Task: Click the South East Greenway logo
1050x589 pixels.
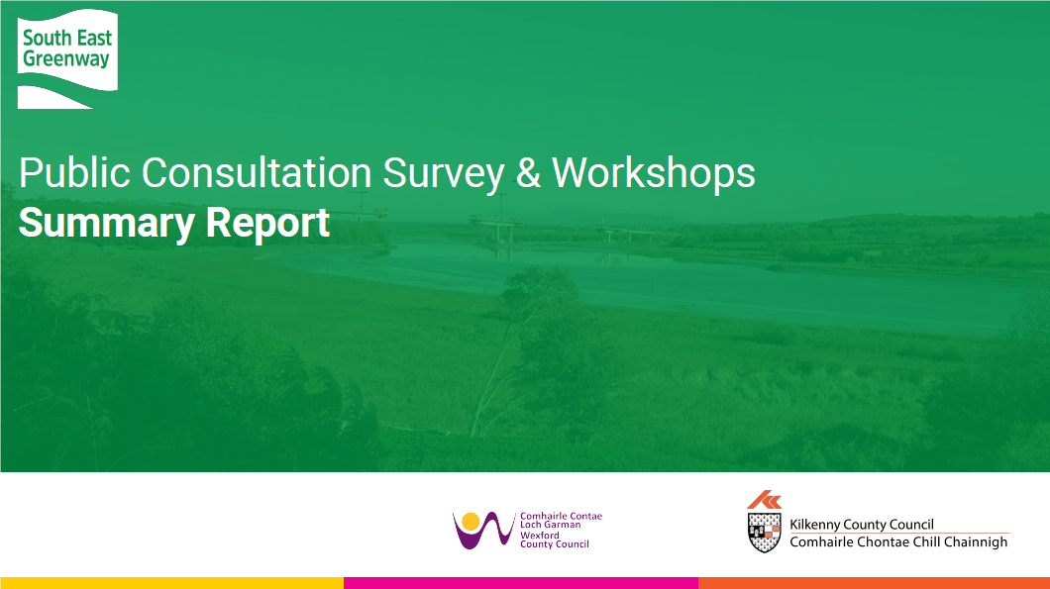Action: (x=67, y=58)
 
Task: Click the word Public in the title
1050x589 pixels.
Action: (x=74, y=172)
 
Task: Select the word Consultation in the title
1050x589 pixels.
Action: (x=257, y=172)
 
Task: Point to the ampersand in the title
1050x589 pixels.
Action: (x=528, y=172)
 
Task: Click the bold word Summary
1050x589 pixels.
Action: (x=107, y=224)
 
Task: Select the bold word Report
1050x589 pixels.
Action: (x=267, y=224)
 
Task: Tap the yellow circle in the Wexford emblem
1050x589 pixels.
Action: (x=471, y=522)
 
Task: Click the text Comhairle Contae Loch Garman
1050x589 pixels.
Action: (x=562, y=520)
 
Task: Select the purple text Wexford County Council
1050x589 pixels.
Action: (x=555, y=540)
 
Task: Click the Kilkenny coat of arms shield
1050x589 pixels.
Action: (x=764, y=533)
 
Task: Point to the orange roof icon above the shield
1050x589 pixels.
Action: (x=764, y=499)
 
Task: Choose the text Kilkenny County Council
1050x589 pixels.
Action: (x=862, y=525)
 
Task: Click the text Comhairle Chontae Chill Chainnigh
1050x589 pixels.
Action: (x=898, y=542)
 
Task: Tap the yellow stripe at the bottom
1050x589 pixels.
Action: (x=172, y=583)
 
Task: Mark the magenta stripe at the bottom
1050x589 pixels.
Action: (x=521, y=583)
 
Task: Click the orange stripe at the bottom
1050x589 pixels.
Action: (x=874, y=583)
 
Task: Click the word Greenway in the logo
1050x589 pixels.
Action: (x=66, y=59)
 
